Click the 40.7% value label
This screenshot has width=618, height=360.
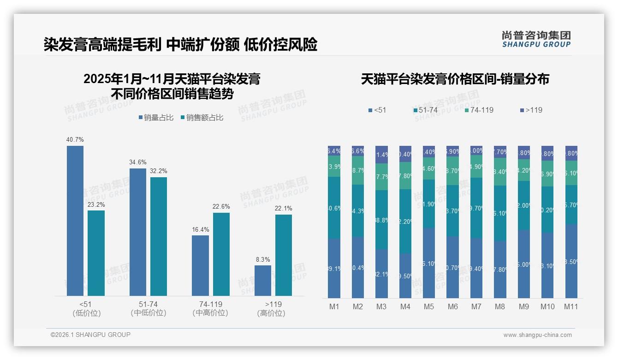(75, 139)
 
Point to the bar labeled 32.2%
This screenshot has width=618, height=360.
(159, 236)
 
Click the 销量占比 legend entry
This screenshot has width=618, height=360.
(156, 118)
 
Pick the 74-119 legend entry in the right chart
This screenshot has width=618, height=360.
(479, 110)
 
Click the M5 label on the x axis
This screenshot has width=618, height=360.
(429, 306)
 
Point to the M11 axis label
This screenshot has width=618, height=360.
(571, 306)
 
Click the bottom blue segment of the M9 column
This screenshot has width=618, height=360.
(523, 264)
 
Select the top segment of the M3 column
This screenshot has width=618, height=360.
(381, 155)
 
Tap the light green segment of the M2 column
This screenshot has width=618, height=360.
(358, 170)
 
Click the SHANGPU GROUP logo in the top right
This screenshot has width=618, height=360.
(536, 39)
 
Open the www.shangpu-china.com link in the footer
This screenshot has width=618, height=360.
(537, 335)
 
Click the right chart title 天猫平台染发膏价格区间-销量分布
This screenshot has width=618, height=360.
(455, 79)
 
